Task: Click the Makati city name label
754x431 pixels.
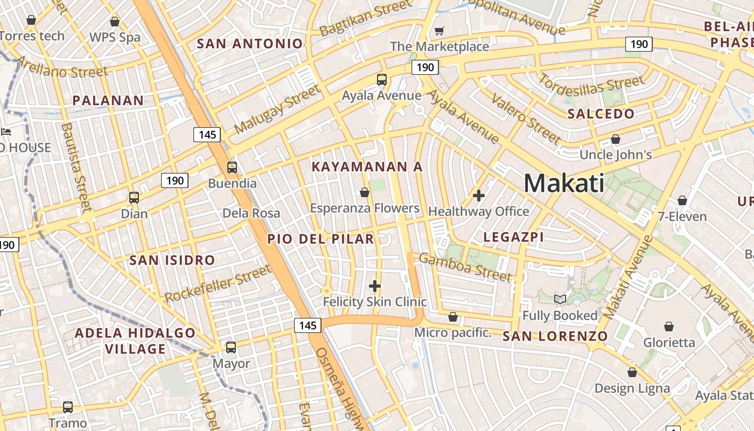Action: [563, 183]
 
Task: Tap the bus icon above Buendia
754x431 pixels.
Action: [232, 167]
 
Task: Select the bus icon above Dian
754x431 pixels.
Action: [134, 198]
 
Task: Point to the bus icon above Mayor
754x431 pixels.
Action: [231, 347]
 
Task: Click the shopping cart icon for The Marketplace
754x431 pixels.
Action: [439, 31]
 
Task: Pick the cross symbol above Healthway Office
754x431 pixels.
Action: [478, 196]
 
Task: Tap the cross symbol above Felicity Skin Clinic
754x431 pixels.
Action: [375, 286]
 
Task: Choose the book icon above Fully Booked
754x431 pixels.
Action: [560, 299]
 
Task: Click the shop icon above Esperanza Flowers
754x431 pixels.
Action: [365, 192]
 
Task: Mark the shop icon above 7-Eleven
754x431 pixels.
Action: [682, 201]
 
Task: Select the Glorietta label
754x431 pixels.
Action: [669, 343]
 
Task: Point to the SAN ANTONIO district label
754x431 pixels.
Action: [250, 44]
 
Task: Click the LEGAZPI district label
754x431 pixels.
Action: [513, 237]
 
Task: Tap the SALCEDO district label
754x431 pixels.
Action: [601, 114]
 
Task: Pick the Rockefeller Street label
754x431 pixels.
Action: [218, 283]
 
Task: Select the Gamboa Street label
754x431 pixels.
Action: [465, 268]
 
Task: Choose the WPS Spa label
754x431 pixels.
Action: [115, 37]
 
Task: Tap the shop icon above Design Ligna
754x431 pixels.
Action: [632, 372]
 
